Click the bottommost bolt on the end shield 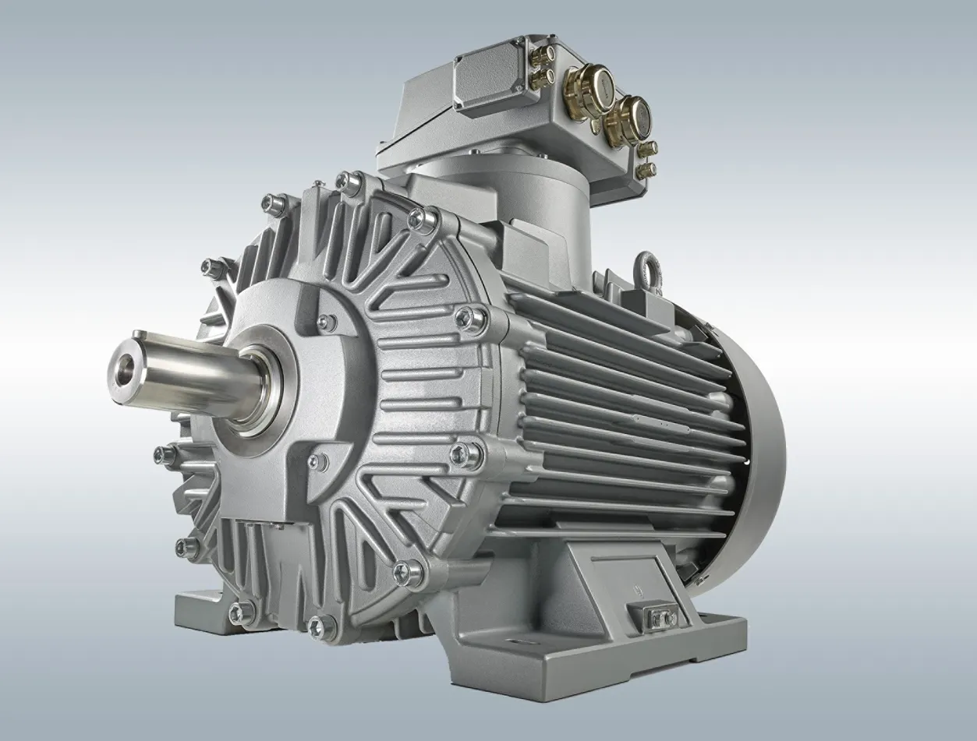pyautogui.click(x=320, y=626)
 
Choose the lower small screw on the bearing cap pyautogui.click(x=316, y=462)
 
